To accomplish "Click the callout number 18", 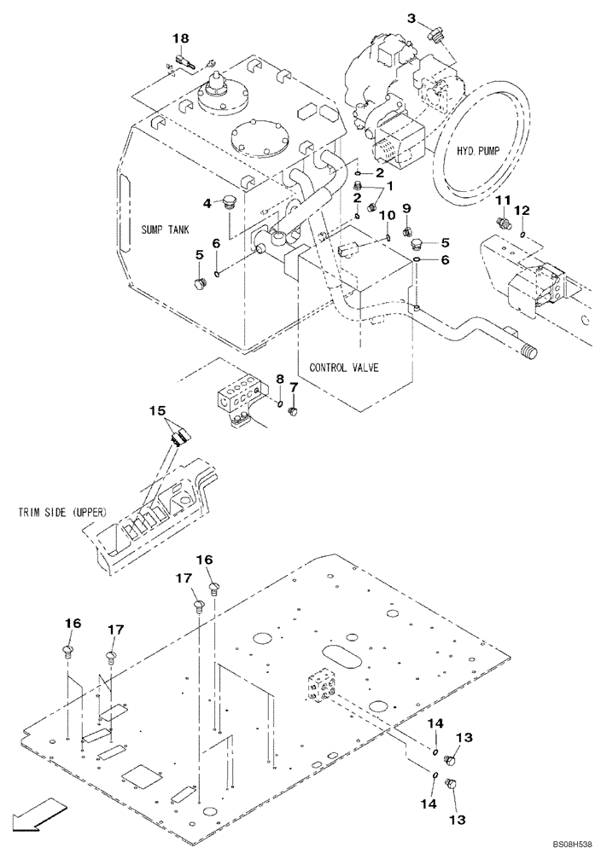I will pyautogui.click(x=181, y=38).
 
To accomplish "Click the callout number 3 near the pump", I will pyautogui.click(x=411, y=18).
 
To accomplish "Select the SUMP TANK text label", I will pyautogui.click(x=166, y=229).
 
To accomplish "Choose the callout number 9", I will pyautogui.click(x=406, y=209).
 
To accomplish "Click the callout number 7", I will pyautogui.click(x=294, y=387).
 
